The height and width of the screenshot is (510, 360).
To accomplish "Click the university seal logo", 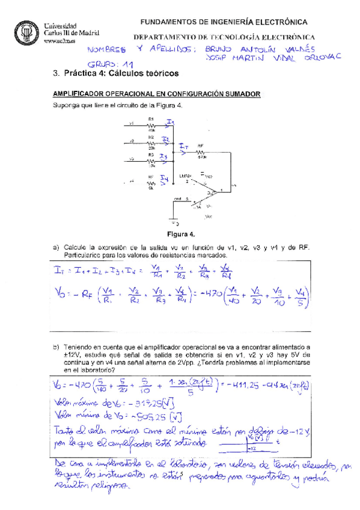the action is coord(26,31).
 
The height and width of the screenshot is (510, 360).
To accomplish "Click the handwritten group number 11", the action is coord(128,64).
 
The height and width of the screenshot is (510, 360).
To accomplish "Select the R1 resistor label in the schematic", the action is coord(151,118).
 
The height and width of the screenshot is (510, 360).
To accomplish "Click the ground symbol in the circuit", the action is coord(174,220).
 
